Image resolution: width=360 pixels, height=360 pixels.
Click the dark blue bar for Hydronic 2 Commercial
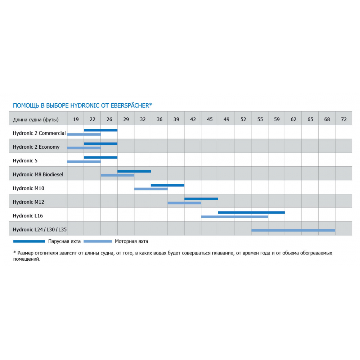(x=100, y=130)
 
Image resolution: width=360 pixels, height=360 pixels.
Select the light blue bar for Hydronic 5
(x=84, y=162)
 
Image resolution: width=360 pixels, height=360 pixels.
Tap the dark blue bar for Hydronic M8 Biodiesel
(x=134, y=171)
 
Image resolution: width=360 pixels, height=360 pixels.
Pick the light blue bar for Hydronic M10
(x=151, y=189)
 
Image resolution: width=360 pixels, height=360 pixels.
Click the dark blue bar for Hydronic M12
(x=201, y=199)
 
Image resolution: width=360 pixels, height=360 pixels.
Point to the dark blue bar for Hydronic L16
(x=251, y=212)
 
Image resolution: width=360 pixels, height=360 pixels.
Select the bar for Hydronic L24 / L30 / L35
(x=293, y=230)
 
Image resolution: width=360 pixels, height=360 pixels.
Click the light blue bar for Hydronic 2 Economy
(x=84, y=148)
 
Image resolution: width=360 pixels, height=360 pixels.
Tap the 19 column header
(x=76, y=120)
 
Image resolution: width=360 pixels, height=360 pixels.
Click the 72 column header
(x=343, y=120)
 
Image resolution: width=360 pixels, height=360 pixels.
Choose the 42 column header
(x=193, y=120)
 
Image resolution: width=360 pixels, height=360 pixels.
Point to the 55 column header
(x=260, y=120)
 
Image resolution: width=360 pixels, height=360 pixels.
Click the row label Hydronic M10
(x=28, y=188)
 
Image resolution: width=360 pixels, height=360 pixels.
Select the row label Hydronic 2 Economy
(x=36, y=147)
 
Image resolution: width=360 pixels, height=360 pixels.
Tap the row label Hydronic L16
(x=28, y=216)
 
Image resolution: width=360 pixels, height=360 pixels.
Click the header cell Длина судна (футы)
(x=36, y=120)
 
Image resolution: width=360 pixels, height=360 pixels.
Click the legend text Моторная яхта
(x=131, y=242)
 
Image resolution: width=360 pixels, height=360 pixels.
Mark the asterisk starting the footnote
(x=14, y=253)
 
